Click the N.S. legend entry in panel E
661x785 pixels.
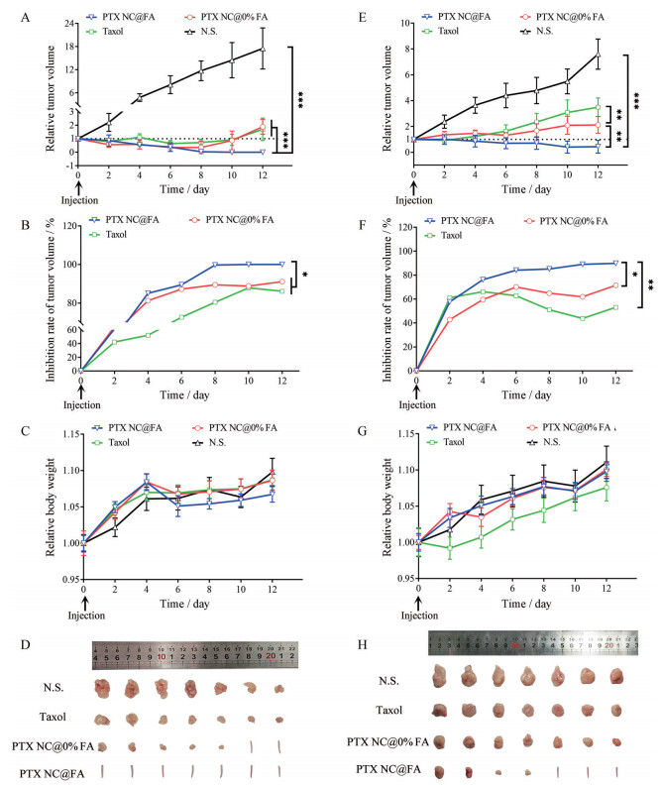(546, 31)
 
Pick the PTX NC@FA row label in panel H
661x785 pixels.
(386, 768)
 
